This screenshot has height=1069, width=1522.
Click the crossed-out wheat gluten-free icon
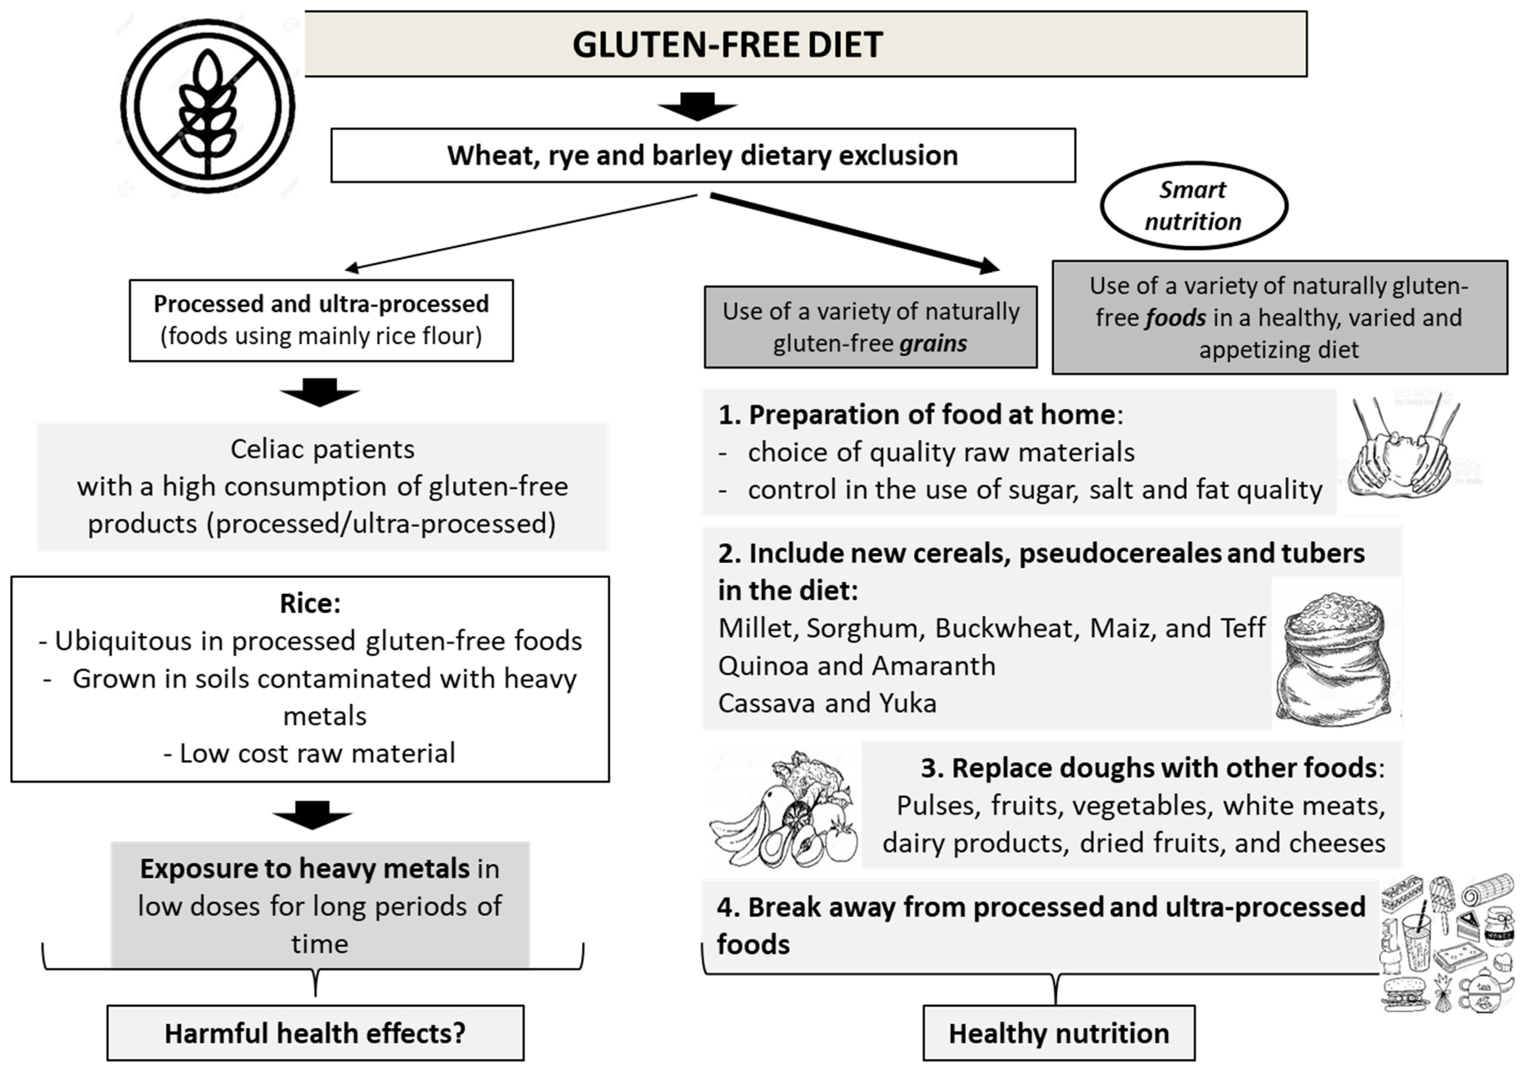coord(208,106)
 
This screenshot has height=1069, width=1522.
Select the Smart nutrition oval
coord(1193,206)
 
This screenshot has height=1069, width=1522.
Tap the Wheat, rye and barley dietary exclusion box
coord(703,155)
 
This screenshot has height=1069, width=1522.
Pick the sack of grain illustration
coord(1336,657)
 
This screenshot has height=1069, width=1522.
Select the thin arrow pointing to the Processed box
coord(520,232)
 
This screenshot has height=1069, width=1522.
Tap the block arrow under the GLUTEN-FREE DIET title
coord(697,106)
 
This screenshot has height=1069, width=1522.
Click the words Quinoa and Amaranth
coord(857,666)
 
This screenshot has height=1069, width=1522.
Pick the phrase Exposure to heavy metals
coord(305,869)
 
